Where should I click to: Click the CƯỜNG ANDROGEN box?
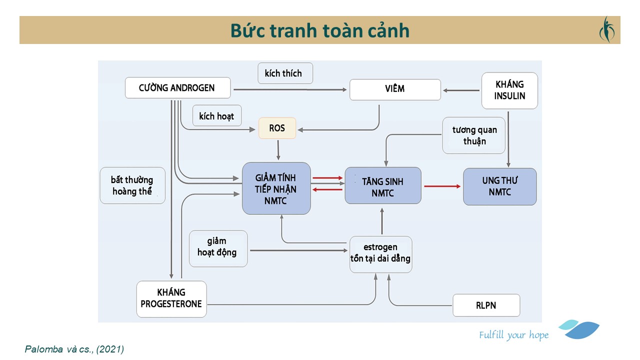tap(177, 88)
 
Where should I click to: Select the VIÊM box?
tap(395, 89)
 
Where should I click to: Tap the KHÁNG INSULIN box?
tap(509, 90)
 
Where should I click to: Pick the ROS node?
tap(277, 128)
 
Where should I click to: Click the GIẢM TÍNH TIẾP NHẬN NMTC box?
tap(276, 188)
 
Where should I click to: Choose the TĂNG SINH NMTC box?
tap(382, 185)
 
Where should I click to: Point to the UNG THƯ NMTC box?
tap(499, 186)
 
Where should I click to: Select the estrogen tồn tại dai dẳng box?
tap(380, 253)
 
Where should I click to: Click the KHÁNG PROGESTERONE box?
tap(171, 298)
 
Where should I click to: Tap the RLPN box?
tap(486, 305)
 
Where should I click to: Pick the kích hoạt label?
tap(216, 116)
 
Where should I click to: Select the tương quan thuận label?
tap(474, 135)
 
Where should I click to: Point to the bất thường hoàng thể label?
tap(132, 185)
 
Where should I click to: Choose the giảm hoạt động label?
tap(217, 247)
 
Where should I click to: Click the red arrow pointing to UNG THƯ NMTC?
tap(442, 186)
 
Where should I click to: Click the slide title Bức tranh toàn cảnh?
tap(319, 30)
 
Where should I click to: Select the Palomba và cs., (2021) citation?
tap(74, 349)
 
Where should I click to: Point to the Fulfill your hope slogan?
tap(513, 335)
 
